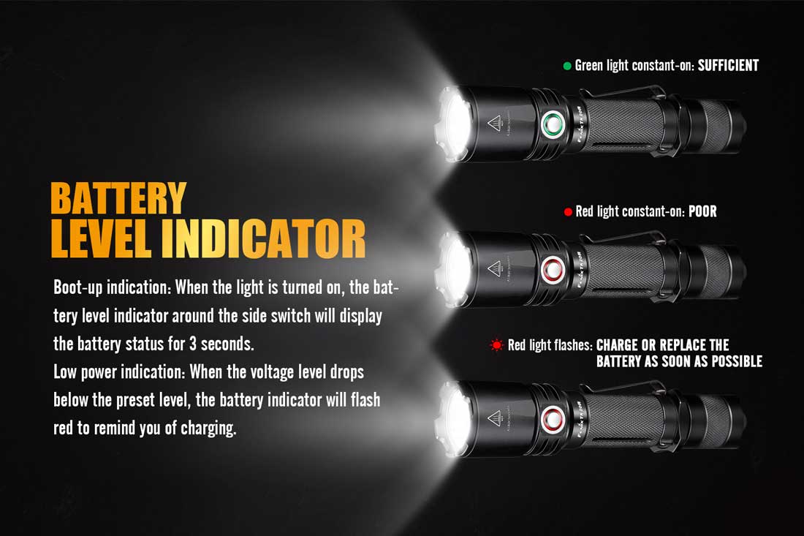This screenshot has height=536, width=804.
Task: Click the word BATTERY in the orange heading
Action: [x=118, y=198]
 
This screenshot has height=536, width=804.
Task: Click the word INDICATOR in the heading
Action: [x=263, y=239]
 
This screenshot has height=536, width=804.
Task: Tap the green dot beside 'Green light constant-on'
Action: [x=567, y=66]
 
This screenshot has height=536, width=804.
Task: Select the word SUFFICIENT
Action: [x=728, y=66]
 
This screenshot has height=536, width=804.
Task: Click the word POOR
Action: [x=702, y=211]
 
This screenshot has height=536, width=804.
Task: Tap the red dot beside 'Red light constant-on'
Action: [x=568, y=212]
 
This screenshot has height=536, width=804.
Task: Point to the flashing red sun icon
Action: [x=496, y=345]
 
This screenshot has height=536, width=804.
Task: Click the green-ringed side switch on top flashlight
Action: [x=553, y=124]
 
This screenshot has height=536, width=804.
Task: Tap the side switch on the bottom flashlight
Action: [x=553, y=418]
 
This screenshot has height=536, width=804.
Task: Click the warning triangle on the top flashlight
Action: [x=494, y=123]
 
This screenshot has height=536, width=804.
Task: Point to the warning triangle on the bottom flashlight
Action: [x=494, y=418]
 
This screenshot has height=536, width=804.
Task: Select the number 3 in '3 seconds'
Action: [x=193, y=344]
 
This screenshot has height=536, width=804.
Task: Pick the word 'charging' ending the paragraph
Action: [x=208, y=429]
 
